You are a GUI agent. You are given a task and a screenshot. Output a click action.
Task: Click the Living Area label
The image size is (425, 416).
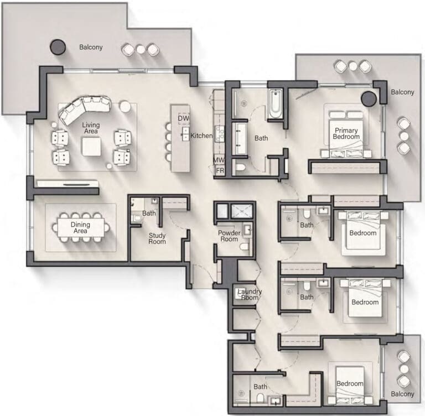pos(91,128)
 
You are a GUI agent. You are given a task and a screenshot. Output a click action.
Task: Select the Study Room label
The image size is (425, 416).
pos(157,238)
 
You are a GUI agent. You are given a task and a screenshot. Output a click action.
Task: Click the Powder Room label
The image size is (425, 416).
pos(229,236)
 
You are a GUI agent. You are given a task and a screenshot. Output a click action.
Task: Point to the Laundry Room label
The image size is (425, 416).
pos(250,294)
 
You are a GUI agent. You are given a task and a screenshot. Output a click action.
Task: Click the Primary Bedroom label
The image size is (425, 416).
pos(346,133)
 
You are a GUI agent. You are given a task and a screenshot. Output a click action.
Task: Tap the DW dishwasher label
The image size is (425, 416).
pos(184,118)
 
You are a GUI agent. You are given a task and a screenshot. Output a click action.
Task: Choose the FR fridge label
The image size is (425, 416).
pos(220,170)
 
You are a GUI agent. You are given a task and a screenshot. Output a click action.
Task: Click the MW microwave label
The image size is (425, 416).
pos(219,160)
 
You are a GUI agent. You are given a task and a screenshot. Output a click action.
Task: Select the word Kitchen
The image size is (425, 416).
pos(201,136)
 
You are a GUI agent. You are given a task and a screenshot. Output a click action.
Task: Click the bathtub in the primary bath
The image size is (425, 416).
pos(276,105)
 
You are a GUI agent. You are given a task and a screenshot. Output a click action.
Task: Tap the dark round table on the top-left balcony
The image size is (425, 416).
pos(58,47)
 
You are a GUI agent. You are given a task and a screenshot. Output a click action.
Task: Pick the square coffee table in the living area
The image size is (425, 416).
pos(92,147)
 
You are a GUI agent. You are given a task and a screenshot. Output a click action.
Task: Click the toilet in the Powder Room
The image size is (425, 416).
pos(245,247)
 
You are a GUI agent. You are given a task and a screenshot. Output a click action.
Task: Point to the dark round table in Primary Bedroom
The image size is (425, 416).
pos(369,98)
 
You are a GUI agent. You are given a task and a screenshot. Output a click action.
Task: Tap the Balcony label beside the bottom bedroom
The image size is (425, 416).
pos(402,394)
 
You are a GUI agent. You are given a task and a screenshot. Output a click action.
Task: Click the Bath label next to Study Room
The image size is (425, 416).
pos(149,214)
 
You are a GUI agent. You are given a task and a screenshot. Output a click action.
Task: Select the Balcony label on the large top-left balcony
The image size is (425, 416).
pos(91,47)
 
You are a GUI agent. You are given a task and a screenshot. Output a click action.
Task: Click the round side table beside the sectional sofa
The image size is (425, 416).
pos(125,107)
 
